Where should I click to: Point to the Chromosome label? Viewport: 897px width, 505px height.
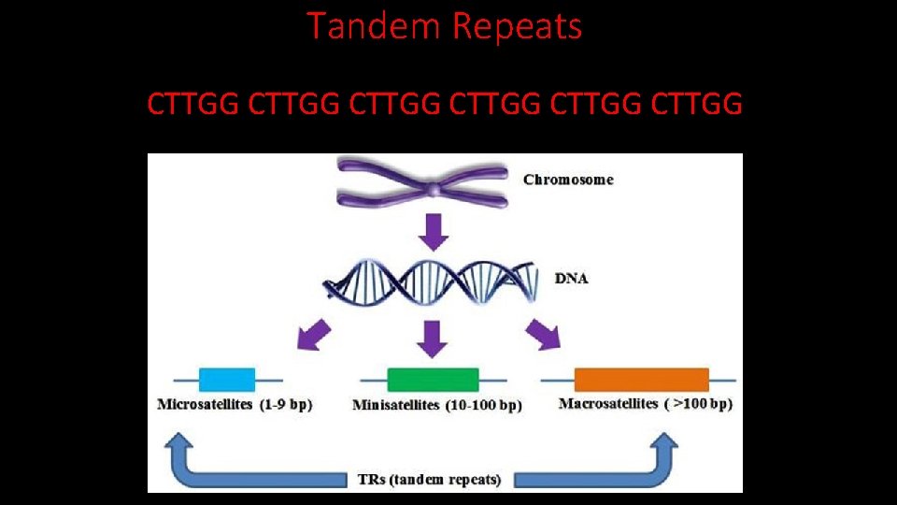(x=567, y=180)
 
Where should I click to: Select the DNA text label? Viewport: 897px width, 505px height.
(x=571, y=279)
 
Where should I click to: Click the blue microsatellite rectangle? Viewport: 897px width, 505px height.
(x=227, y=379)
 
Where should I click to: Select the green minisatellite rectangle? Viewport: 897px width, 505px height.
(x=433, y=380)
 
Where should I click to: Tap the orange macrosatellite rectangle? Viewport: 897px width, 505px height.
(x=641, y=379)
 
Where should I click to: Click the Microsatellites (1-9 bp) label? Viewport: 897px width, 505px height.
(x=235, y=405)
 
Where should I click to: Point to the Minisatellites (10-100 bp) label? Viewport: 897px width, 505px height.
(x=437, y=406)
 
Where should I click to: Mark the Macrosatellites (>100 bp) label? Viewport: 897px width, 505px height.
(x=645, y=404)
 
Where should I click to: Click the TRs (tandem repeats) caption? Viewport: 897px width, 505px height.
(x=430, y=480)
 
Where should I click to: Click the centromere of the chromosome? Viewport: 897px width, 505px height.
(x=434, y=190)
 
